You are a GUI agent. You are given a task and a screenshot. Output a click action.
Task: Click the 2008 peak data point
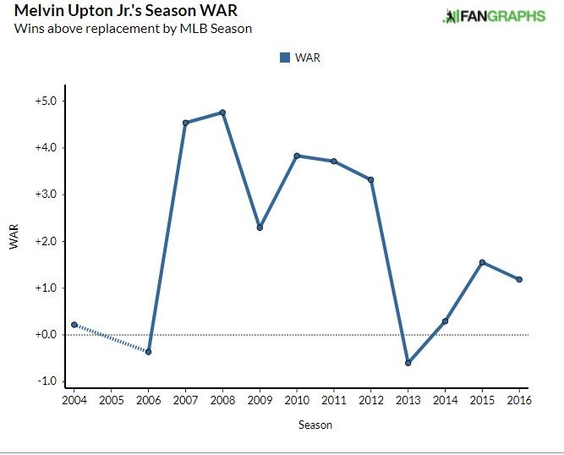222,112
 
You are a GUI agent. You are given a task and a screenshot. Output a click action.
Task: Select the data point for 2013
408,363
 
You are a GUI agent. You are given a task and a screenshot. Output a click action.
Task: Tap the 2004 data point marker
74,325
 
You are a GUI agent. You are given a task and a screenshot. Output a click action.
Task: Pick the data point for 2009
260,227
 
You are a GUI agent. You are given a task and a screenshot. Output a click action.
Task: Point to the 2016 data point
519,280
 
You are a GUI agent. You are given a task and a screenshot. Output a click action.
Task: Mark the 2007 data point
185,123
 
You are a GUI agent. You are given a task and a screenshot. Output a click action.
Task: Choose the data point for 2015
482,262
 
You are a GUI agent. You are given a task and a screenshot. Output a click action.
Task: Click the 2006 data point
149,352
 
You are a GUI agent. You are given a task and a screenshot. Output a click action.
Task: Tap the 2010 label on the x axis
297,398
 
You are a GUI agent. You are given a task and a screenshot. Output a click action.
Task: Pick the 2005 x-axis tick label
112,398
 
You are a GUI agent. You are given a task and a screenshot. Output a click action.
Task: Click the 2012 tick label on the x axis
371,398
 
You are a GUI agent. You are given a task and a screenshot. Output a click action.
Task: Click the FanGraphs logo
495,16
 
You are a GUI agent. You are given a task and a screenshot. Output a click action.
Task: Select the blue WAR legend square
284,58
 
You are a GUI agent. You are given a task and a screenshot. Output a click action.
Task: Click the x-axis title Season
315,425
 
